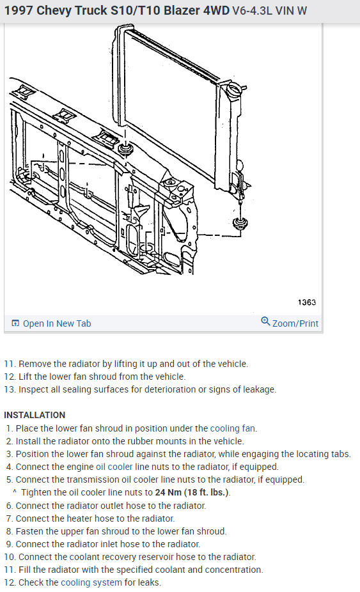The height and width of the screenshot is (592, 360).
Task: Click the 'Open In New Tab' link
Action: [57, 323]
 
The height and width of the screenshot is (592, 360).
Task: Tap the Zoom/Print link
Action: [295, 323]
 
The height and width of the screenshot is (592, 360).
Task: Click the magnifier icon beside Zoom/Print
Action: [265, 322]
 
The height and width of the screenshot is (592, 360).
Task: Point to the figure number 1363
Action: [307, 302]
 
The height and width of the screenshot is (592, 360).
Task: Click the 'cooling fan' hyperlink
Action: [233, 428]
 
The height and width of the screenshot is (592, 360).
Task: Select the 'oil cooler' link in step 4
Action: [114, 467]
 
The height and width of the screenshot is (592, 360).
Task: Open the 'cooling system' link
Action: [91, 582]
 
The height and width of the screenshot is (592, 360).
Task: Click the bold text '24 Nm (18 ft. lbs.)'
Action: [192, 492]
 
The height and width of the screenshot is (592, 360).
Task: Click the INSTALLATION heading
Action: [35, 416]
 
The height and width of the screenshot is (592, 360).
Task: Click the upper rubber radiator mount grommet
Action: [125, 148]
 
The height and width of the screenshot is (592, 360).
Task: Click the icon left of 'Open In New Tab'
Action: [15, 323]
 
